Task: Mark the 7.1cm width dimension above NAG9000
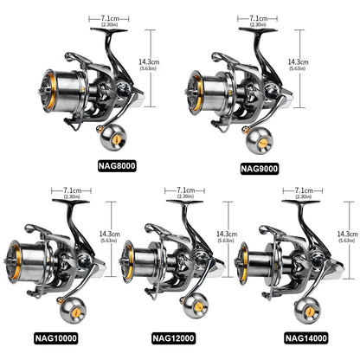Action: pos(257,18)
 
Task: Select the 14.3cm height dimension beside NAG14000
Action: pos(347,235)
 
